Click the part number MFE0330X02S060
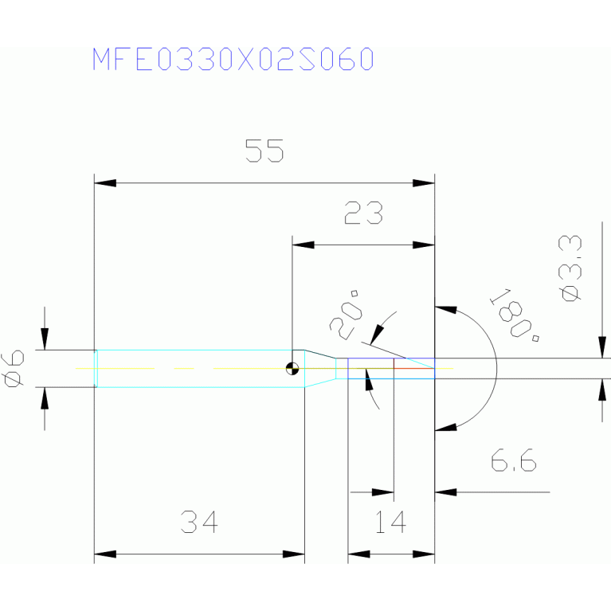point(233,59)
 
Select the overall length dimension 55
point(264,151)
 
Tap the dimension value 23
point(363,213)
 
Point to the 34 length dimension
point(199,522)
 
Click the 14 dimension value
point(390,522)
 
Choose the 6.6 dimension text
point(513,460)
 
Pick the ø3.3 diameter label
point(570,268)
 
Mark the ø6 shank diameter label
point(13,369)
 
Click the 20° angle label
point(345,315)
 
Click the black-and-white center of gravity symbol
point(292,368)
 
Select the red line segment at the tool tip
point(413,368)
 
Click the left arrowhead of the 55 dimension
point(105,183)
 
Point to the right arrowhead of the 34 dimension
point(294,554)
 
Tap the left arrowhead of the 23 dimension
point(304,245)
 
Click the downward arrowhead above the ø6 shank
point(45,339)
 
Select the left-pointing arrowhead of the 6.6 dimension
point(445,492)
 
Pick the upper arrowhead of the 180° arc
point(446,310)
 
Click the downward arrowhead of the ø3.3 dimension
point(602,347)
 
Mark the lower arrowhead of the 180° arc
point(446,427)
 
